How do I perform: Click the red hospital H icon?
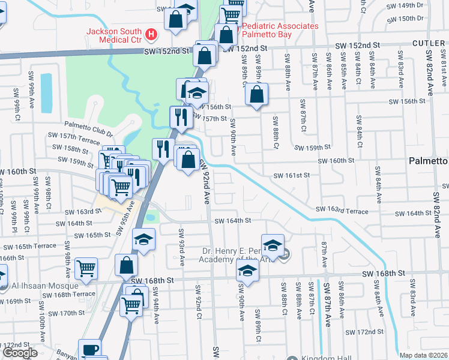151,35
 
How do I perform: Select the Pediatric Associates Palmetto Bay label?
280,31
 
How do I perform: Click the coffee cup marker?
91,350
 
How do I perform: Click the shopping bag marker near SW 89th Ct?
257,94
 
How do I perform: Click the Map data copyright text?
423,355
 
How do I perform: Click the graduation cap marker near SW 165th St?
143,240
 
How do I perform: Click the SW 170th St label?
68,313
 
